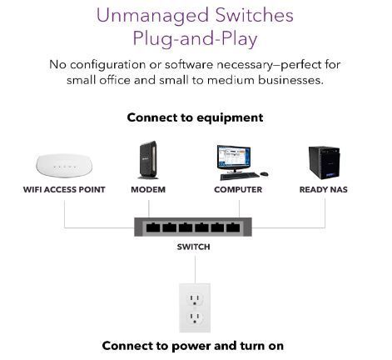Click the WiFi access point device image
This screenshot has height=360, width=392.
[64, 165]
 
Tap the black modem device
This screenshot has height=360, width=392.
[148, 160]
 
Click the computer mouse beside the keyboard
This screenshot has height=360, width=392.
[264, 174]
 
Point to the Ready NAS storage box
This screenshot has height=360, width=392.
[324, 162]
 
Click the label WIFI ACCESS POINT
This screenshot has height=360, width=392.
[64, 190]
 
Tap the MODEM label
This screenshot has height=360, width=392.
[148, 190]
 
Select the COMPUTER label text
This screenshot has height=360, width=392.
[238, 190]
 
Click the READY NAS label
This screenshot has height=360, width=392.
[324, 190]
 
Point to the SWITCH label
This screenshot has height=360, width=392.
[193, 247]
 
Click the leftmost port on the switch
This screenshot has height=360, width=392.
[153, 227]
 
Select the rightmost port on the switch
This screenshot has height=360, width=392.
[233, 227]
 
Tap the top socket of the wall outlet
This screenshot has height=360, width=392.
[195, 299]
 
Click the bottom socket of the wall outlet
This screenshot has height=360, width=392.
[195, 317]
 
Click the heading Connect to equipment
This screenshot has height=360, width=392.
[195, 117]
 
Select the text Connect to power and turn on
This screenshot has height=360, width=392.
[193, 346]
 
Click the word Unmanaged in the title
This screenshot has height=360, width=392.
[152, 16]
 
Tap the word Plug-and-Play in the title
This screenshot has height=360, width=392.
[195, 39]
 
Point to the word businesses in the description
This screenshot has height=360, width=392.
[290, 80]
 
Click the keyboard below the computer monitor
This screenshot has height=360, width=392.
[240, 176]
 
